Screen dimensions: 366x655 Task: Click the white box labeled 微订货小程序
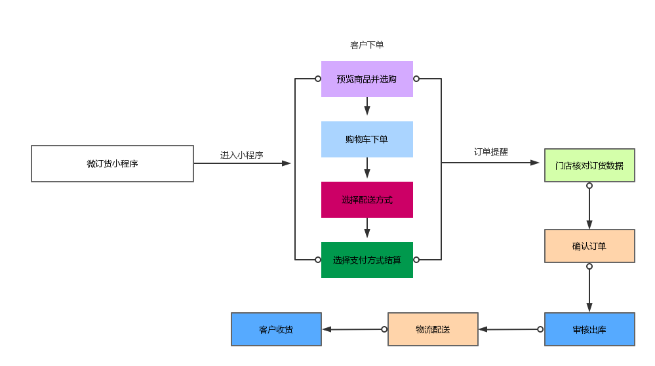click(112, 163)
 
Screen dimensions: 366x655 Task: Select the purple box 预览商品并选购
click(367, 79)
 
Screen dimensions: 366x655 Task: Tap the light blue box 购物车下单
click(367, 139)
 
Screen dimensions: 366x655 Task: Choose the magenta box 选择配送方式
click(367, 199)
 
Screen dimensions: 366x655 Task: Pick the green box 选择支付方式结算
click(367, 260)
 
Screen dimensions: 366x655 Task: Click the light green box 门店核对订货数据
click(589, 165)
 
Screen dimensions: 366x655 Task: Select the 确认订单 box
click(589, 246)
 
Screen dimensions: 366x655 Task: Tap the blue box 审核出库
click(589, 329)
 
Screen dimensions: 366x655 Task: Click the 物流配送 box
click(433, 329)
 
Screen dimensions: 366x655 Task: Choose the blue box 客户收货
click(276, 329)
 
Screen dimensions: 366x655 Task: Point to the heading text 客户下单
click(367, 45)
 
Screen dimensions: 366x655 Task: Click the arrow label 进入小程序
click(241, 155)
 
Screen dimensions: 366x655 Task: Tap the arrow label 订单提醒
click(491, 152)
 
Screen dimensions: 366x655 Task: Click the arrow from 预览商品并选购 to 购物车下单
click(367, 107)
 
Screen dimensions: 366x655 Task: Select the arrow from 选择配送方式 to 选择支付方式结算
click(367, 229)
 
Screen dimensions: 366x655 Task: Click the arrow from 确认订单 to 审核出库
click(589, 289)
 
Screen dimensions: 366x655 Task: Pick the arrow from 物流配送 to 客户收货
click(354, 329)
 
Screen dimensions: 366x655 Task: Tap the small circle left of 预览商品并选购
click(318, 79)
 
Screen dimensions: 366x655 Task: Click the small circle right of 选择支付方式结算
click(416, 260)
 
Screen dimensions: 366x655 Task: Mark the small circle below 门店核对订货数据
click(589, 186)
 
